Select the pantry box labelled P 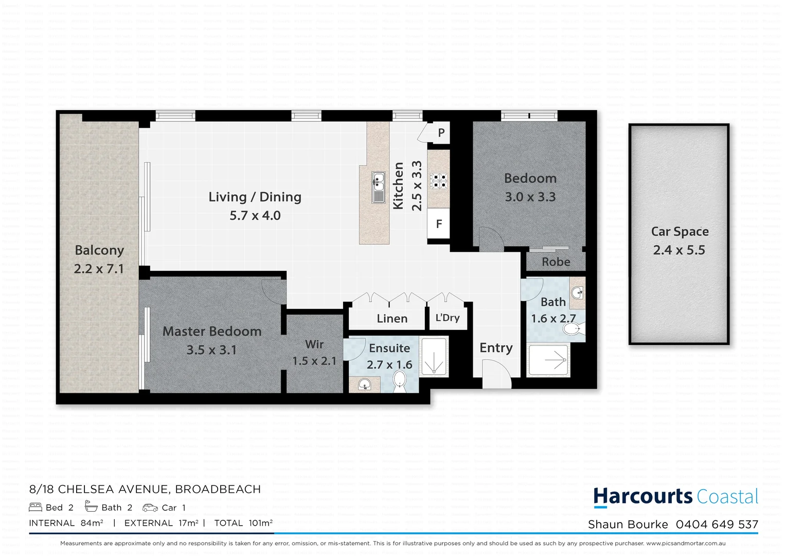pyautogui.click(x=441, y=133)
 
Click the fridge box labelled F pyautogui.click(x=439, y=224)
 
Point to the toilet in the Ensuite pyautogui.click(x=400, y=381)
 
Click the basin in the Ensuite pyautogui.click(x=364, y=384)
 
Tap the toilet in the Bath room pyautogui.click(x=573, y=327)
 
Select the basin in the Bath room pyautogui.click(x=578, y=292)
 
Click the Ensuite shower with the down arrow pyautogui.click(x=434, y=356)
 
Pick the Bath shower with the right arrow pyautogui.click(x=549, y=359)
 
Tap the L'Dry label pyautogui.click(x=448, y=318)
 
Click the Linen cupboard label pyautogui.click(x=392, y=319)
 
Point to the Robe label pyautogui.click(x=556, y=262)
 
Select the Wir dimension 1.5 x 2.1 pyautogui.click(x=314, y=361)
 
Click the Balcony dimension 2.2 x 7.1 pyautogui.click(x=99, y=269)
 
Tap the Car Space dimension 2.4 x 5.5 pyautogui.click(x=679, y=250)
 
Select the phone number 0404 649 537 pyautogui.click(x=717, y=525)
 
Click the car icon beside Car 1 pyautogui.click(x=150, y=508)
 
